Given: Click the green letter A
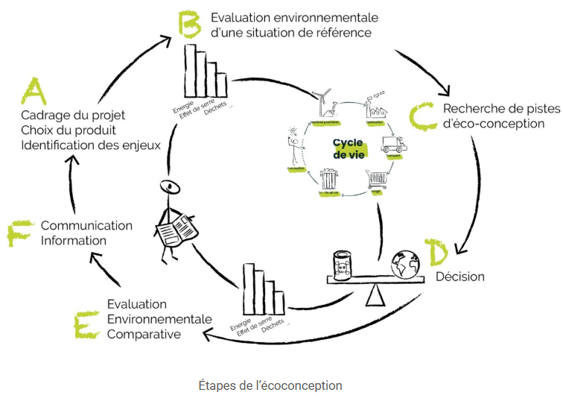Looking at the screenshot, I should (33, 92).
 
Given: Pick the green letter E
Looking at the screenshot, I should (87, 326).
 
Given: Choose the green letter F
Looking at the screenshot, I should (20, 232).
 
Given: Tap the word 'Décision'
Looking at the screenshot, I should (460, 277).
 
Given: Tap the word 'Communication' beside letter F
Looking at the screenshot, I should (86, 225).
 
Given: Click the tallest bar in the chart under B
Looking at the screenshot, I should (189, 71).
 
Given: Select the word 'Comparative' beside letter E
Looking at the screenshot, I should (144, 334).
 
